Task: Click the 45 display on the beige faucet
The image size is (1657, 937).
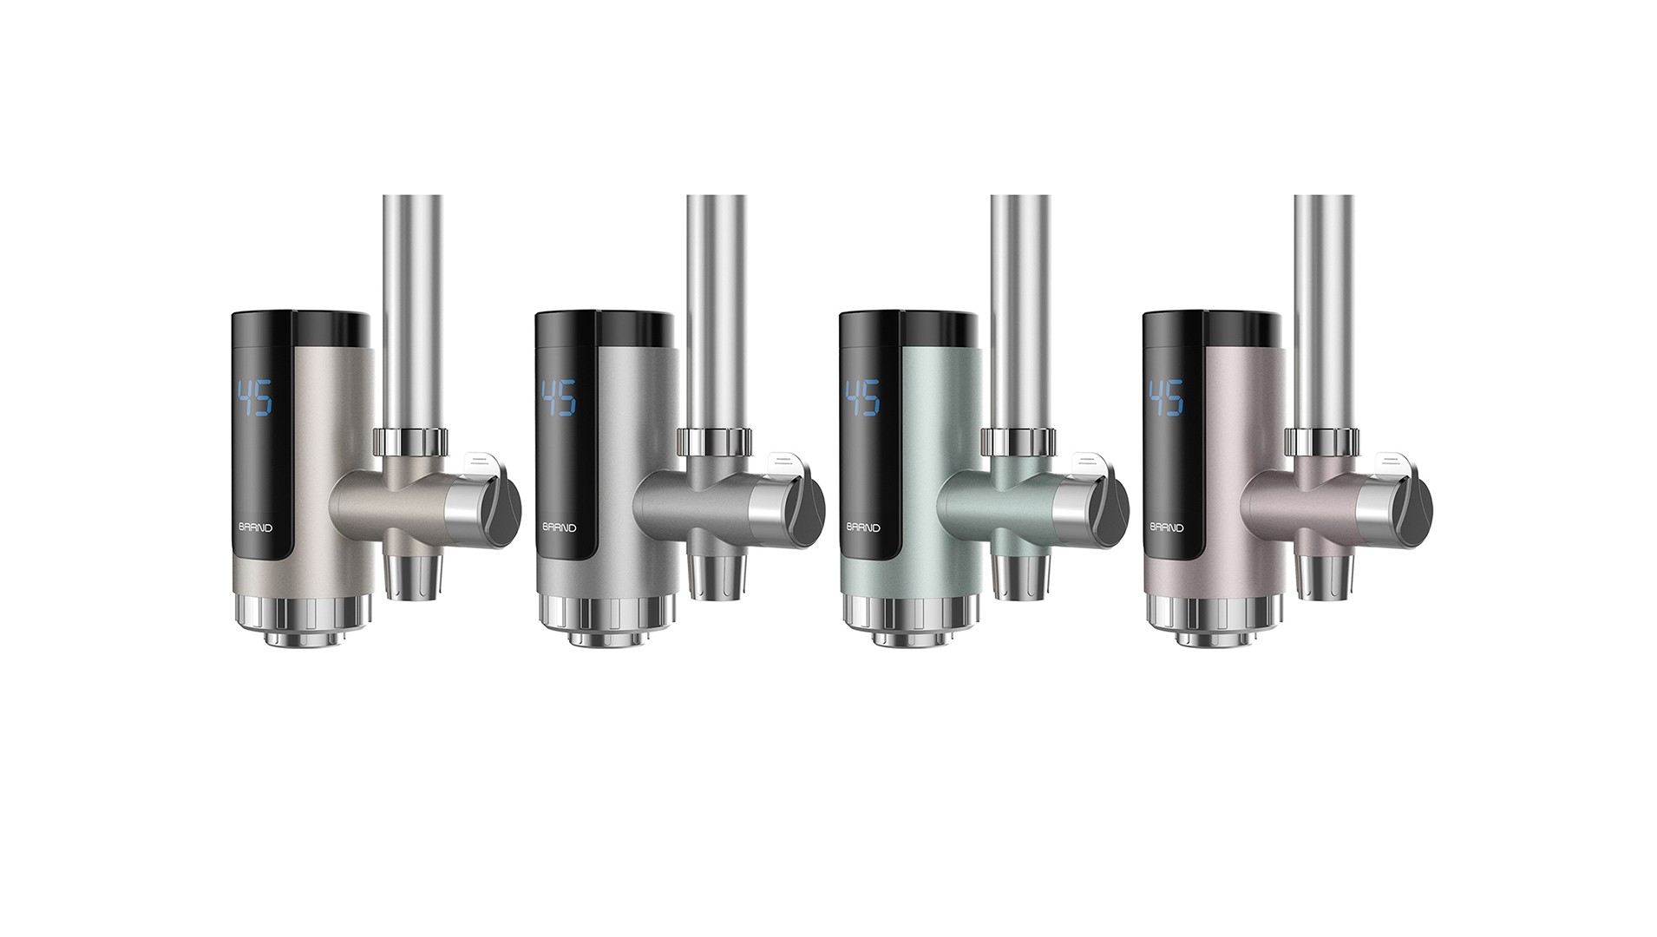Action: [x=255, y=397]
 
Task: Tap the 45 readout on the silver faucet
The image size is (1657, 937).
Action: [x=559, y=397]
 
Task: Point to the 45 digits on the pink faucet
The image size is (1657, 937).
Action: [x=1166, y=397]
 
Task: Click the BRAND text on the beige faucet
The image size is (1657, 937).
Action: [x=255, y=527]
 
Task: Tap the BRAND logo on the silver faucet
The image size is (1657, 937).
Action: [x=559, y=527]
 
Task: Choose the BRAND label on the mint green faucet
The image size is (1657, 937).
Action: [x=863, y=527]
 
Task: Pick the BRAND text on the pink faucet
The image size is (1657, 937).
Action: [x=1167, y=527]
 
